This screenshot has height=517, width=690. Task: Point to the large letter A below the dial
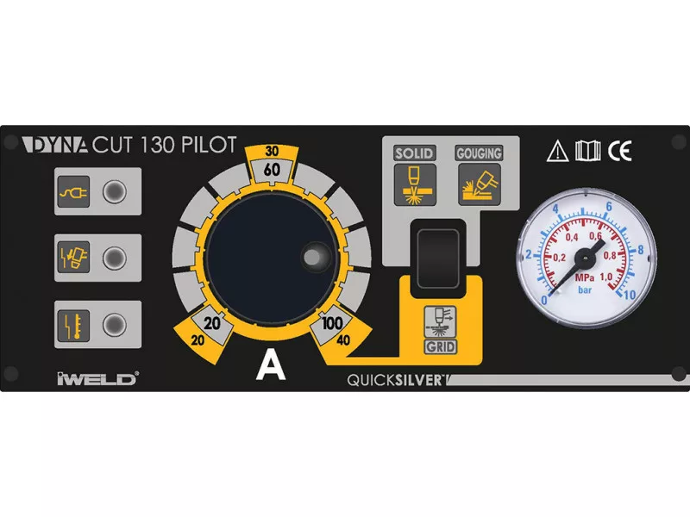271,367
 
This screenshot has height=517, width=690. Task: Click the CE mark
620,151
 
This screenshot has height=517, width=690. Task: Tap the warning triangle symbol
558,151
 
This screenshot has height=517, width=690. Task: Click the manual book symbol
587,151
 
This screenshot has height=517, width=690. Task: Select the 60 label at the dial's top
272,170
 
